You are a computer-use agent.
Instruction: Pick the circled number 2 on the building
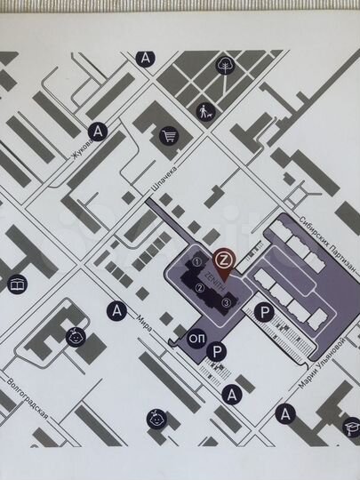pos(188,287)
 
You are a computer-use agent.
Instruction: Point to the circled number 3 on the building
pos(228,303)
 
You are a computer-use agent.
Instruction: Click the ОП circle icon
pos(197,337)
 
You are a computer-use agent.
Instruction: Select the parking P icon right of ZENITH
pos(263,312)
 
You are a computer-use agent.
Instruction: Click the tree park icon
pos(226,65)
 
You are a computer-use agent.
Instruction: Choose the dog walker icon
pos(207,111)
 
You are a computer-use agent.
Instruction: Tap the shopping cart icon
pos(169,135)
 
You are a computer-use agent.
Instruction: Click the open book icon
pos(17,284)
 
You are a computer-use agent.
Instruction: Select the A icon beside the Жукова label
pos(99,132)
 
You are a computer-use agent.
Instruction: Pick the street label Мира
pos(143,323)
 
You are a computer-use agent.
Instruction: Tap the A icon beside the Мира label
pos(114,310)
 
